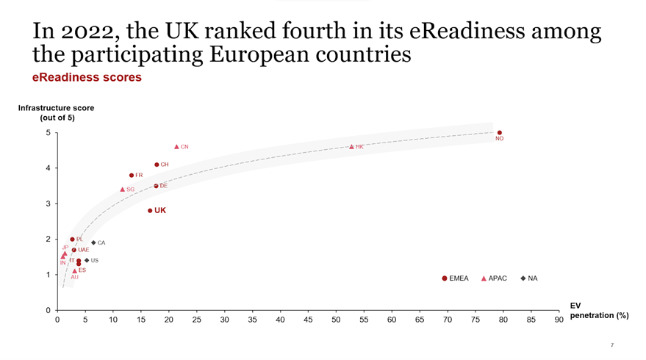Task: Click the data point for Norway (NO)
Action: pos(500,133)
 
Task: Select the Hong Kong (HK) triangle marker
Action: pos(351,147)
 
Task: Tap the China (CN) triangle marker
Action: pos(176,147)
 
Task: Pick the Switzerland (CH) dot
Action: pos(157,165)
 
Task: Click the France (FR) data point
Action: pos(132,176)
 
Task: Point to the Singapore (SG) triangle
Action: pos(123,190)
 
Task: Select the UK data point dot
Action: pos(150,211)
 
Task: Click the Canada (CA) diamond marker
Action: pos(93,242)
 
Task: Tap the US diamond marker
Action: pos(87,260)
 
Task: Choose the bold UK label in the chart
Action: pos(160,211)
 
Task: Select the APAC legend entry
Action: pos(493,278)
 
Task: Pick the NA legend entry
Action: pos(529,278)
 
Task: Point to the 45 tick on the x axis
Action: pos(308,320)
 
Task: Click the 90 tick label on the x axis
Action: pos(559,320)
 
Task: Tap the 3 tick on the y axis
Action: pos(47,204)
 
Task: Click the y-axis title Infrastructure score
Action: pos(57,108)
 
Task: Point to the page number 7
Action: pos(611,345)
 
